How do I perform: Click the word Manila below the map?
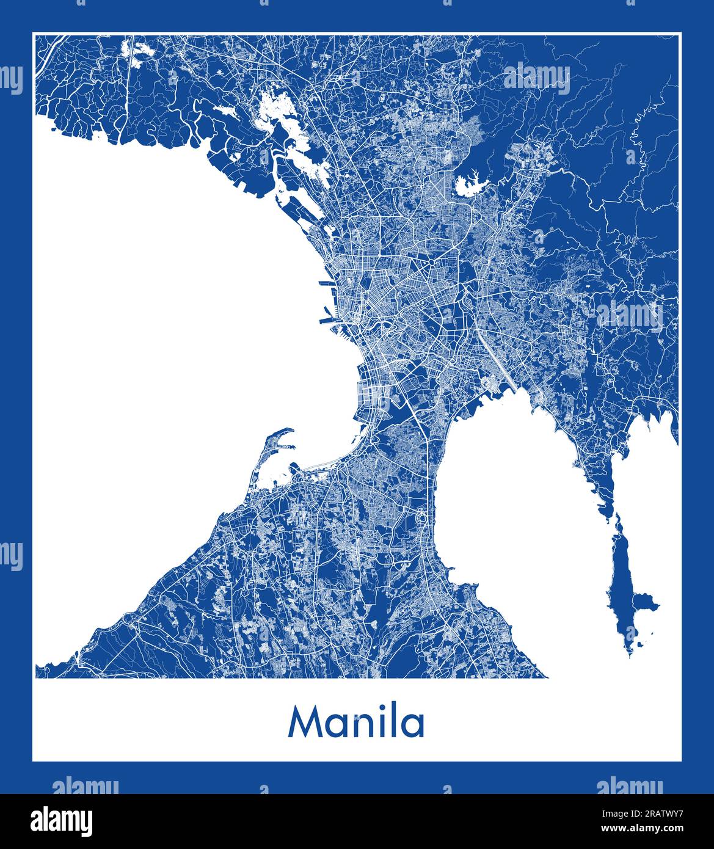point(356,723)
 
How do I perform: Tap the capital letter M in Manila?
point(305,723)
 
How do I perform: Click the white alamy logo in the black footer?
point(61,821)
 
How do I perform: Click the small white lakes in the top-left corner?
point(137,51)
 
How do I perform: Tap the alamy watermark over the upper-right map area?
point(537,79)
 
